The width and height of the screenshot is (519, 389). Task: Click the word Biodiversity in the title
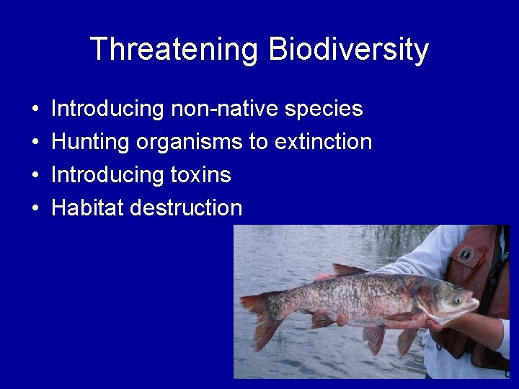click(x=348, y=50)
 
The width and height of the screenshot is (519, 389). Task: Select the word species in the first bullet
click(x=324, y=109)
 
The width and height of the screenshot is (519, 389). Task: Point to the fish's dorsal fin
click(x=349, y=269)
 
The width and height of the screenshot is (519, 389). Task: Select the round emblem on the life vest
click(x=466, y=254)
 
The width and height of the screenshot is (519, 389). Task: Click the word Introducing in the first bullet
click(x=108, y=109)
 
